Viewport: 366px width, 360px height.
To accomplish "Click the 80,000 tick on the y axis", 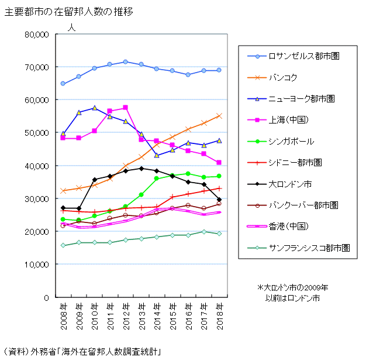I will (x=36, y=35).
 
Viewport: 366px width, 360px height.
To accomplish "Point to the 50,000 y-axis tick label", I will (x=36, y=133).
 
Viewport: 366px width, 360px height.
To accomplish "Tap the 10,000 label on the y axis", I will (x=36, y=265).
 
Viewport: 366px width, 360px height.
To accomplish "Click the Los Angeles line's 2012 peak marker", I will (x=125, y=61).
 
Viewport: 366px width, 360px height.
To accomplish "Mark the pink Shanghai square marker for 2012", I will (x=125, y=108).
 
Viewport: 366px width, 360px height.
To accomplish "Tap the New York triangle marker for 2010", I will (x=94, y=108).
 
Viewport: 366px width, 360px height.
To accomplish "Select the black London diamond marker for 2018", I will (x=219, y=200).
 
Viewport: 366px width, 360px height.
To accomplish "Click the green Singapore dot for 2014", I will (x=157, y=179).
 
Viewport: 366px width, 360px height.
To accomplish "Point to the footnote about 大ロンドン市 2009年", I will (x=293, y=293).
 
